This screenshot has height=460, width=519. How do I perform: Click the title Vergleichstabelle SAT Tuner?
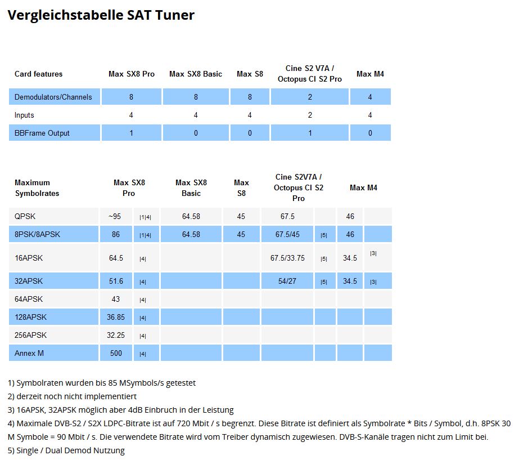101,15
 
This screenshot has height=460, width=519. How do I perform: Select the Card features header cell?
38,74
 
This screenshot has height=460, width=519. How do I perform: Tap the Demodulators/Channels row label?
53,97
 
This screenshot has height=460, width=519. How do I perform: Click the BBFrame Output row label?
42,133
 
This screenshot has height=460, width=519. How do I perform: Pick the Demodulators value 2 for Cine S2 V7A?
309,97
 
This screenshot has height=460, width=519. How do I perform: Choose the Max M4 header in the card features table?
370,74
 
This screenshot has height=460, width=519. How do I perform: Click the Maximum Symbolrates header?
37,187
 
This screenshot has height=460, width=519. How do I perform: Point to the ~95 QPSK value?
115,216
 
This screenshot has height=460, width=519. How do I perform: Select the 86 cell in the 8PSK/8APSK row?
116,234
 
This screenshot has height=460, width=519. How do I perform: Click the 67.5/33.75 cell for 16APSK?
287,258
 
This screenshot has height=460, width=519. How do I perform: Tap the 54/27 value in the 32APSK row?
287,281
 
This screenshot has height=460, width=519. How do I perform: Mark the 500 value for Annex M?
116,353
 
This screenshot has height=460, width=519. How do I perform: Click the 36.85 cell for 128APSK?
116,317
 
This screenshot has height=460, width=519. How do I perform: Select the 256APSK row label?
30,335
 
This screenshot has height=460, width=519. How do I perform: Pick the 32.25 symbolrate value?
116,335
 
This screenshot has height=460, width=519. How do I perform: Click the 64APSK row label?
29,299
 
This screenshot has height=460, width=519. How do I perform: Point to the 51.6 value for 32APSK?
116,281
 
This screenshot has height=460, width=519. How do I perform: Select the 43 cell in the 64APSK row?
116,299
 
